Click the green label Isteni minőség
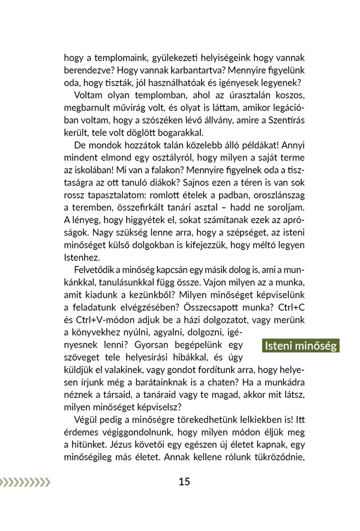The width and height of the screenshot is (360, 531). [x=300, y=346]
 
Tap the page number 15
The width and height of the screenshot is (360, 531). [x=184, y=481]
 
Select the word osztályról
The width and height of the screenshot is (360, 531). [x=164, y=158]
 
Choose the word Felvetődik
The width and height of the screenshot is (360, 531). [x=95, y=270]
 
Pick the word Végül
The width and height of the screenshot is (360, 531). [x=86, y=420]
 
